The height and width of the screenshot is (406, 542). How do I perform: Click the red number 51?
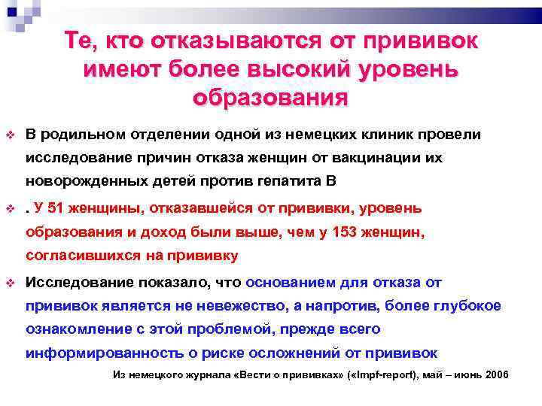tap(65, 208)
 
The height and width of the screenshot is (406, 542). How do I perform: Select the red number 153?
tap(364, 232)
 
